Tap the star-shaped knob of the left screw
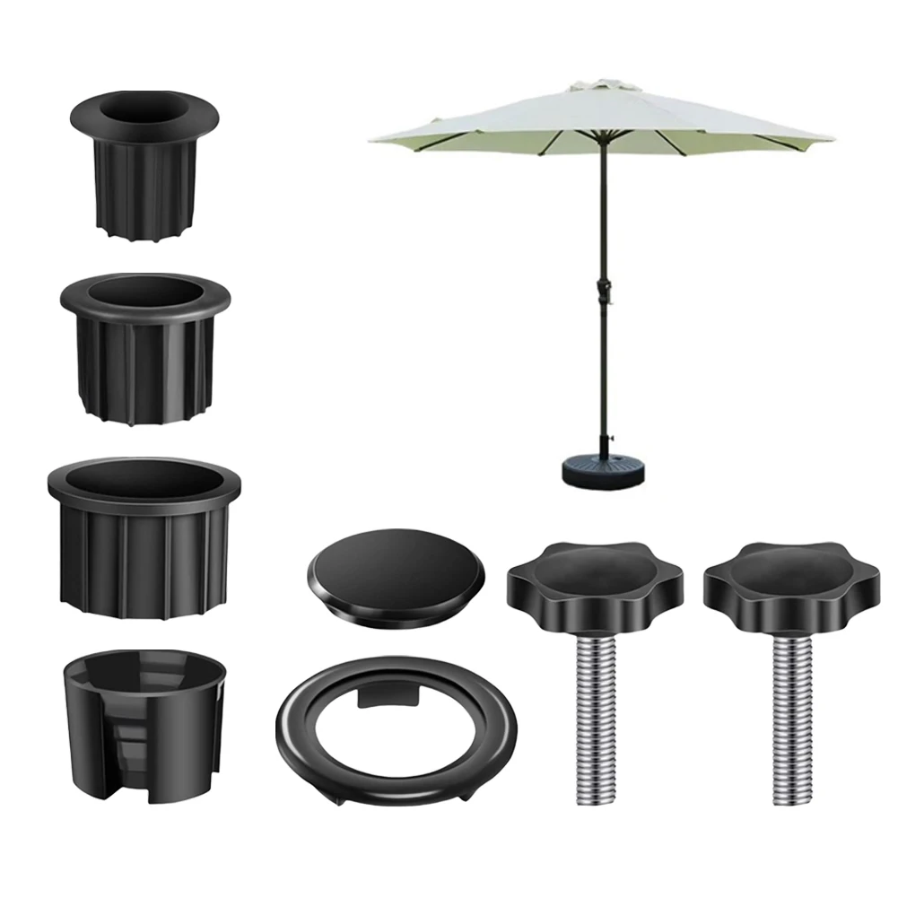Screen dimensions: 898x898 tap(594, 582)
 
